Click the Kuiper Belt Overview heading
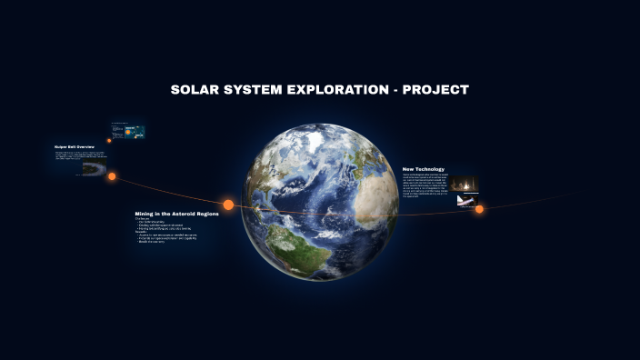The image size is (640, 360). [x=75, y=146]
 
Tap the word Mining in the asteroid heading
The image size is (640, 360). [x=148, y=214]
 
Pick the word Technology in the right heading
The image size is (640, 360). [x=433, y=168]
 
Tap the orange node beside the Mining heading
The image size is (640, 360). [x=228, y=205]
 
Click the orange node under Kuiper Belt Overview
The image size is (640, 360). [x=112, y=176]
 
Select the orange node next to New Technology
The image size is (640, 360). [x=479, y=209]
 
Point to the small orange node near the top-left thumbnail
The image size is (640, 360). [x=109, y=140]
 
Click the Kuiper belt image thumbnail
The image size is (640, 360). [x=93, y=168]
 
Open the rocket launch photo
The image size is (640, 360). [x=465, y=185]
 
